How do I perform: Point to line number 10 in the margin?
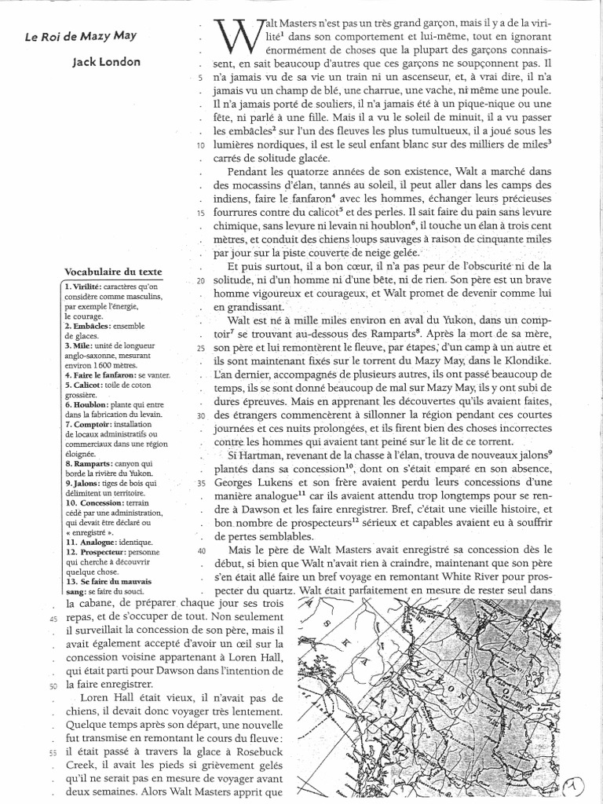coord(201,146)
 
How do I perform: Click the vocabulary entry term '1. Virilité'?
coord(82,288)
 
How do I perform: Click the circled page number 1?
coord(579,783)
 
